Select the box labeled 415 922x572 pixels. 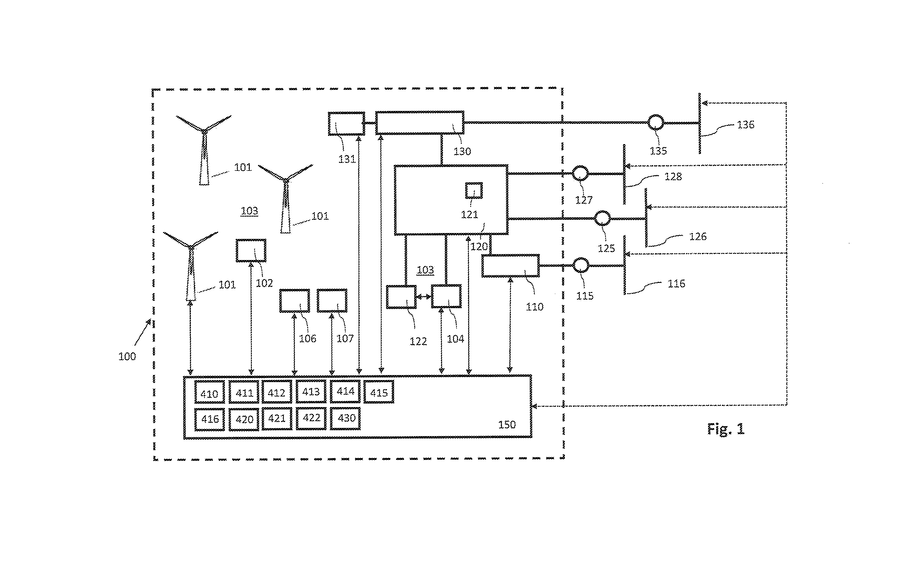[379, 392]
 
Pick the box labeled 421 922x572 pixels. [277, 419]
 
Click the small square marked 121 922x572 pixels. [474, 190]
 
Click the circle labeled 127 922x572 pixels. [580, 174]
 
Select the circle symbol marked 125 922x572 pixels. [602, 218]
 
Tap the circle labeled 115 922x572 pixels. [581, 266]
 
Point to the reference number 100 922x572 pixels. [127, 356]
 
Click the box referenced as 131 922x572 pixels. [347, 123]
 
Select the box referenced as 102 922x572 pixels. [251, 250]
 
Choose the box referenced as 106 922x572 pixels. [294, 301]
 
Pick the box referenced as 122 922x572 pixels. [401, 297]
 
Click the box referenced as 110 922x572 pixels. [510, 266]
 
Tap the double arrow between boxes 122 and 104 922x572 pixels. [424, 297]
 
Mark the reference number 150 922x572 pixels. [507, 424]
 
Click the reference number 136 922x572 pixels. [746, 124]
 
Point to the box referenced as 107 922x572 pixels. [332, 301]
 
